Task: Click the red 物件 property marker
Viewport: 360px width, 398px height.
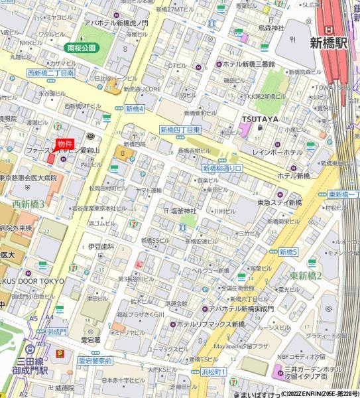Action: (x=64, y=144)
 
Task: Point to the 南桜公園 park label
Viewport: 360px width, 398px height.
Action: (x=81, y=48)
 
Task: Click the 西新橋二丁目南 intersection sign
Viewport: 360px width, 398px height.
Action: (x=50, y=73)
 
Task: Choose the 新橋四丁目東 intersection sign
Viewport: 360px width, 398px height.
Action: (x=180, y=130)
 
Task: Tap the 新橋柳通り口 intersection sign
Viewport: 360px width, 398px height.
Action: (x=223, y=169)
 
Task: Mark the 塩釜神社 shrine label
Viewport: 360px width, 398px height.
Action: (x=184, y=211)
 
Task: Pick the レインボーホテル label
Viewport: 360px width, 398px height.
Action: (x=277, y=152)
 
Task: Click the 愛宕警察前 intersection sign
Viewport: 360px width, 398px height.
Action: (x=95, y=361)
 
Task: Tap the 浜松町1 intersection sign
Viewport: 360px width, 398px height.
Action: (x=213, y=372)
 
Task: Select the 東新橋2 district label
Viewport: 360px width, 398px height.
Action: (x=306, y=275)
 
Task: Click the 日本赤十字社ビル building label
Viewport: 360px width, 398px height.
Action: (x=128, y=380)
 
